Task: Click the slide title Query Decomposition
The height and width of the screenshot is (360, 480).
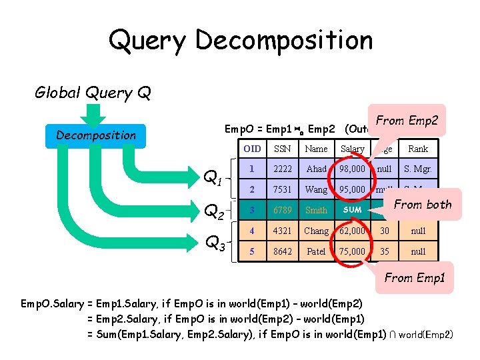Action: (240, 40)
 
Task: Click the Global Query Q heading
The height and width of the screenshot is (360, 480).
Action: (93, 92)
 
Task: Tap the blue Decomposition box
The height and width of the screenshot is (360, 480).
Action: (96, 135)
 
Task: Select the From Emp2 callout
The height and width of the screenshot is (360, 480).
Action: (407, 121)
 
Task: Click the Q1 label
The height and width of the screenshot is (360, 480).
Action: (213, 178)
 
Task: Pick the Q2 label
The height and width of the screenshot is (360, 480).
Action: (213, 211)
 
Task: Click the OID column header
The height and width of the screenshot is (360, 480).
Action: (252, 149)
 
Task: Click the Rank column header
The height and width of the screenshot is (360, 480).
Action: (418, 149)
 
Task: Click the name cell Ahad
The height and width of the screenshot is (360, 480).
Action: (316, 169)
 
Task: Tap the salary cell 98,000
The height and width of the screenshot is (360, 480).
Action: (352, 169)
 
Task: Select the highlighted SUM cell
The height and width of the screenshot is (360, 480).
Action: (352, 210)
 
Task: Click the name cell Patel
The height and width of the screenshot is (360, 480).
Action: (316, 252)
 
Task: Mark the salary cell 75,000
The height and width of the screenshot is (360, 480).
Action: (352, 252)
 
